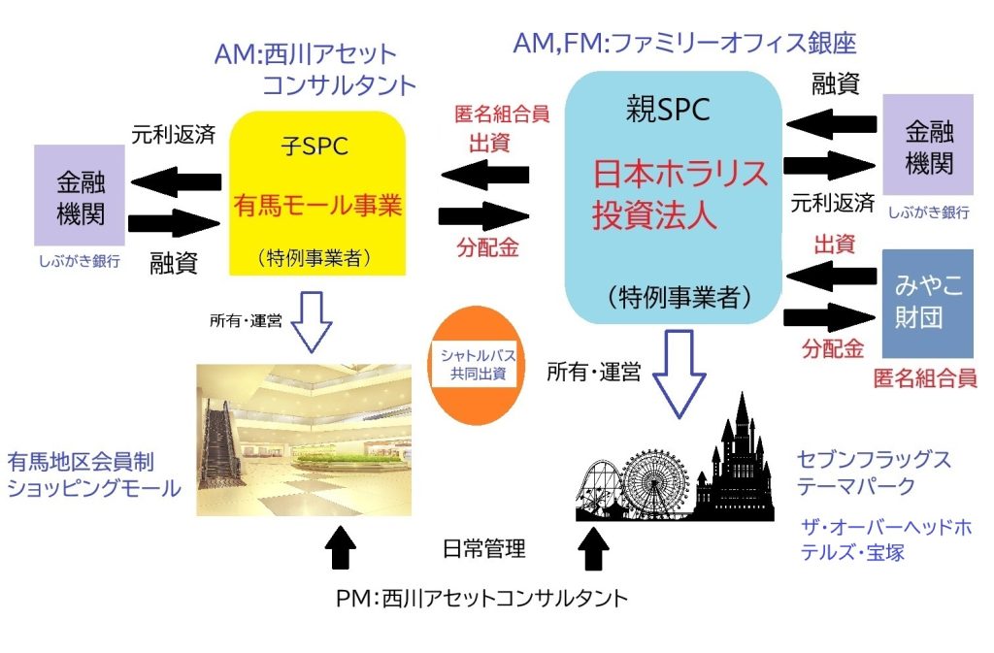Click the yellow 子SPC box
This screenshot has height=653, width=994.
(316, 194)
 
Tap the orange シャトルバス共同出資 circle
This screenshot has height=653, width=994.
(472, 365)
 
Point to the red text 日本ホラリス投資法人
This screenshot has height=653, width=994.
(679, 195)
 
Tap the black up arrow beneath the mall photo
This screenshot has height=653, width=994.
(341, 545)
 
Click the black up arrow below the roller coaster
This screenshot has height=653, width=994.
(594, 547)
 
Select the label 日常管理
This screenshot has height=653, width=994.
(482, 550)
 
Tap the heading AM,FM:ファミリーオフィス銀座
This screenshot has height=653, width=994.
(684, 44)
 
